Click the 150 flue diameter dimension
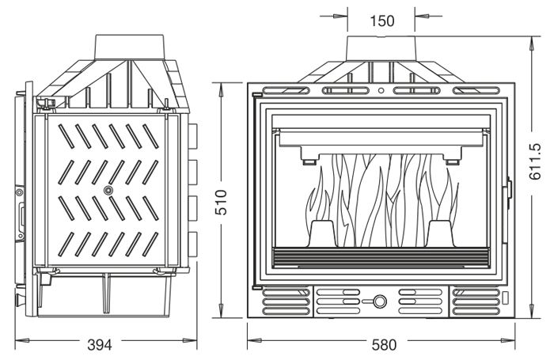382,21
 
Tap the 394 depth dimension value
100,345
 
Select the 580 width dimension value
385,345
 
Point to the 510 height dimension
222,202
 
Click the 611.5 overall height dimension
535,161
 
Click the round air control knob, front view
380,301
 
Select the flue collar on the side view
129,47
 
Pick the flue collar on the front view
381,49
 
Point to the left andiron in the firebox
322,233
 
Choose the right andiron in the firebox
442,233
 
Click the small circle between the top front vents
381,90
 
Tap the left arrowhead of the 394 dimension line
22,340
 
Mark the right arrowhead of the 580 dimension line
508,340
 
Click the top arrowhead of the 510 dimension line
221,89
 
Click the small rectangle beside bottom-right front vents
505,297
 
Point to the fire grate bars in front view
381,258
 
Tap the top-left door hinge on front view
256,95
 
